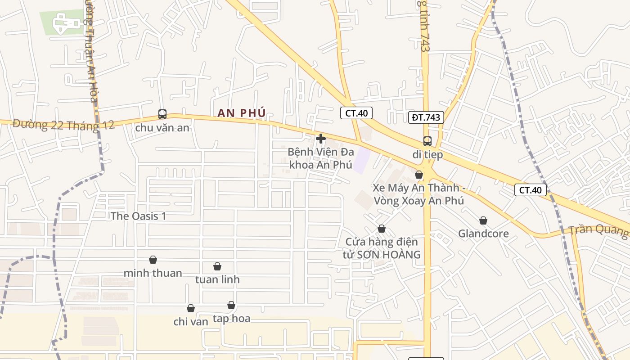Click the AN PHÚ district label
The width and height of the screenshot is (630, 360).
[x=242, y=113]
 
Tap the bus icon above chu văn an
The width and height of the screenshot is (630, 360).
[x=162, y=114]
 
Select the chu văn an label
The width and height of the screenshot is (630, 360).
[x=162, y=128]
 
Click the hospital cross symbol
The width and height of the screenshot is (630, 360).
[x=321, y=139]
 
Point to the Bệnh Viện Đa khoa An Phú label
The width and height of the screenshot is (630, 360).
[x=320, y=158]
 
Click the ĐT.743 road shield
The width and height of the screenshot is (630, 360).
[x=426, y=117]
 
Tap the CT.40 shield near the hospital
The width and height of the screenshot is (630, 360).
[x=356, y=113]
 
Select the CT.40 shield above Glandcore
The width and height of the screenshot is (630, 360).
[x=531, y=190]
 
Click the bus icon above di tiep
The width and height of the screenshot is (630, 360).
[x=427, y=141]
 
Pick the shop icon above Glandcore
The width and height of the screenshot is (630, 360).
[x=483, y=220]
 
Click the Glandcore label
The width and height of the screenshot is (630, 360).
[x=483, y=234]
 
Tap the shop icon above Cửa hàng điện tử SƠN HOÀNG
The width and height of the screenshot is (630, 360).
[x=382, y=229]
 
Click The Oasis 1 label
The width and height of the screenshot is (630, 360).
[x=139, y=216]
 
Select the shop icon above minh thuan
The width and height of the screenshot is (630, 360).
[x=153, y=260]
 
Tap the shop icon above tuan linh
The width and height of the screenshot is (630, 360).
[x=217, y=266]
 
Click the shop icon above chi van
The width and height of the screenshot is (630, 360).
[x=191, y=308]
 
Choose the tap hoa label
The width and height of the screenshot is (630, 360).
[x=231, y=319]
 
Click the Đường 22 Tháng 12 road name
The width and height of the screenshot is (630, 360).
[x=63, y=125]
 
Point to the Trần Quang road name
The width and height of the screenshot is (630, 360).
[x=598, y=230]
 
